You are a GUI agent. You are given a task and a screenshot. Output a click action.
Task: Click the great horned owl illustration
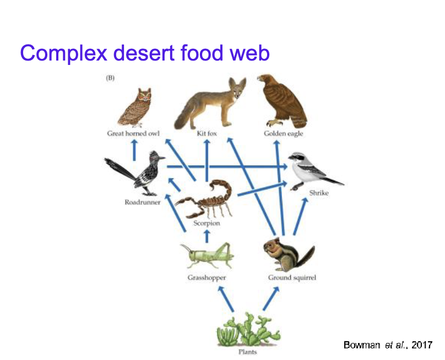[x=134, y=107]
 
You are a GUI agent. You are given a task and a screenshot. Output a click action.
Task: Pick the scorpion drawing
[x=205, y=198]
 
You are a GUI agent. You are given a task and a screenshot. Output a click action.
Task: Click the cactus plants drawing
[x=247, y=330]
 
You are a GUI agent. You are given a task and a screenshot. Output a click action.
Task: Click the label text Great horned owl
[x=133, y=134]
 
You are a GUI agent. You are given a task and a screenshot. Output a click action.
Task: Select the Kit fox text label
[x=207, y=134]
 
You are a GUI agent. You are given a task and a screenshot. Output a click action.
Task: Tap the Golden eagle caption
[x=283, y=134]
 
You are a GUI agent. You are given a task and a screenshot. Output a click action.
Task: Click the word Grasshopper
[x=207, y=278]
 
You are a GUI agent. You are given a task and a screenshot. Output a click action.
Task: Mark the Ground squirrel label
[x=292, y=278]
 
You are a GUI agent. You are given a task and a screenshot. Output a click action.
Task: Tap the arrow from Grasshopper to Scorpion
[x=207, y=235]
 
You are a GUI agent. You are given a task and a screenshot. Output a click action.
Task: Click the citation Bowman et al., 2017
[x=388, y=345]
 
